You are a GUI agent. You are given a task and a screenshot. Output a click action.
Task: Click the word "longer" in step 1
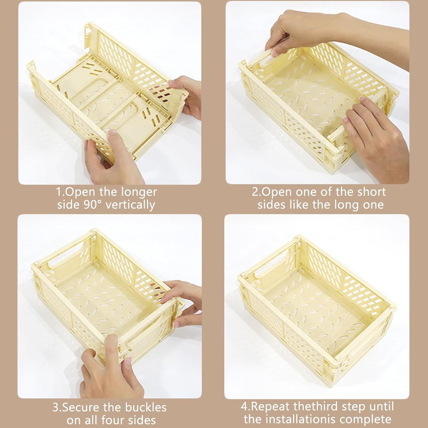139,193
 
